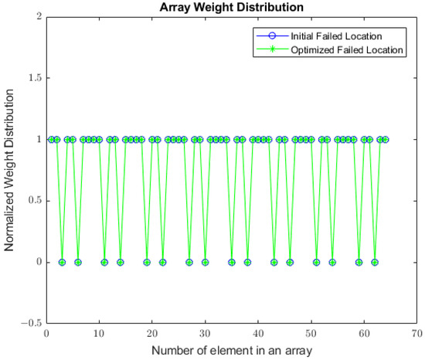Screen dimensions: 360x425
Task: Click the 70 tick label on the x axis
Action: [415, 335]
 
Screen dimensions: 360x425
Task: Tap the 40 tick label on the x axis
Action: [257, 335]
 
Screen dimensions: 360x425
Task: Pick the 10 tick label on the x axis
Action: [99, 335]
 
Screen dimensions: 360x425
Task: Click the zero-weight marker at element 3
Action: [62, 262]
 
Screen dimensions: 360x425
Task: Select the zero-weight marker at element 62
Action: [374, 262]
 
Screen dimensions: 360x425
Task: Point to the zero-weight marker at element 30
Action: [205, 262]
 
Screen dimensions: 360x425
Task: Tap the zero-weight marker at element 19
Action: [147, 262]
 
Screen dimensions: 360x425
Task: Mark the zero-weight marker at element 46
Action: [290, 262]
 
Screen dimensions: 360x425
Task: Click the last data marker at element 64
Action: [385, 139]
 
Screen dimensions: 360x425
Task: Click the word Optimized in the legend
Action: [312, 49]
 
